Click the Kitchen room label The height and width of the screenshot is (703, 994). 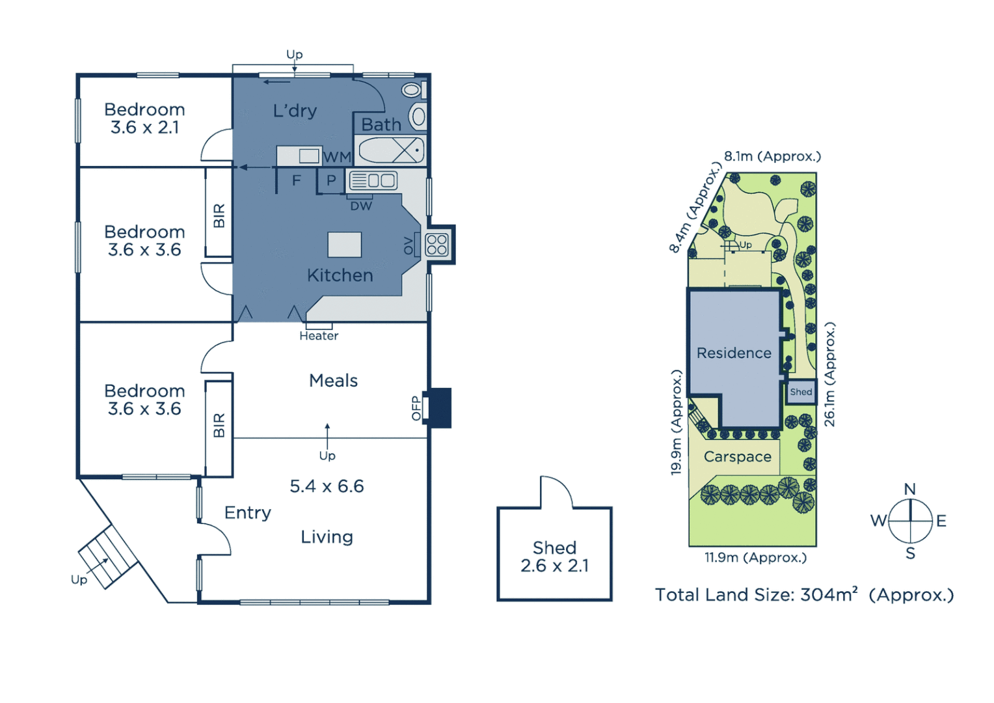340,275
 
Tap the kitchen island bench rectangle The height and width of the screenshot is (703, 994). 344,245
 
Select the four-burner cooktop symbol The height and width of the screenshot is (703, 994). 437,245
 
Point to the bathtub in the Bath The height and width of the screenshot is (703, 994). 391,150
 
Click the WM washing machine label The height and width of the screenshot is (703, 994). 336,158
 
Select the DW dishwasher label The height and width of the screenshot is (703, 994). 361,206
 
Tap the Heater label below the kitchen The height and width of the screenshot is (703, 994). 319,336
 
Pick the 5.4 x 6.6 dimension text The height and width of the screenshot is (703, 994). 327,486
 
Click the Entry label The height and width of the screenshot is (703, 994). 247,513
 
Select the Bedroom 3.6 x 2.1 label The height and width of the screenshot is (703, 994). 144,118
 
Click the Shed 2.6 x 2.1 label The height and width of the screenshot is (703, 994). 554,557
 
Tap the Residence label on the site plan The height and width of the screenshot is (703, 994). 734,353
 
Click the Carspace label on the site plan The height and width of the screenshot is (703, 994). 737,457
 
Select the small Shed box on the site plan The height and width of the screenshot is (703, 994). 801,392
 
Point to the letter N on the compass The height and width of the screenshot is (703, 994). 910,489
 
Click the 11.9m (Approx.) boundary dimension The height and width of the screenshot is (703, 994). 755,558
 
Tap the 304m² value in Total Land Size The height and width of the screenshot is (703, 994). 829,595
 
